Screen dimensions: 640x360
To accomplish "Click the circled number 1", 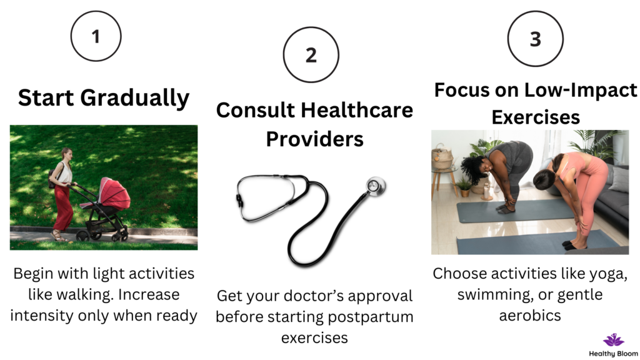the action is click(x=96, y=36).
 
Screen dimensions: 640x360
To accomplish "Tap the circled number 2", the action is click(x=311, y=55).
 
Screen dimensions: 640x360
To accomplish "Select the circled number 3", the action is click(x=536, y=39).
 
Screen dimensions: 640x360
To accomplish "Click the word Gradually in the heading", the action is click(x=135, y=98).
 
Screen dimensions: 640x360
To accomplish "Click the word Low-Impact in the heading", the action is click(x=581, y=90).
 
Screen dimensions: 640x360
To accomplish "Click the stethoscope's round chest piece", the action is click(x=376, y=186).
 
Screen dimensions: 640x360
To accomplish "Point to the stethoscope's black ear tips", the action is click(x=238, y=199).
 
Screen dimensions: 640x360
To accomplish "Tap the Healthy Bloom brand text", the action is click(x=614, y=354).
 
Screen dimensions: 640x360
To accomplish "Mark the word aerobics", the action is click(x=530, y=316).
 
